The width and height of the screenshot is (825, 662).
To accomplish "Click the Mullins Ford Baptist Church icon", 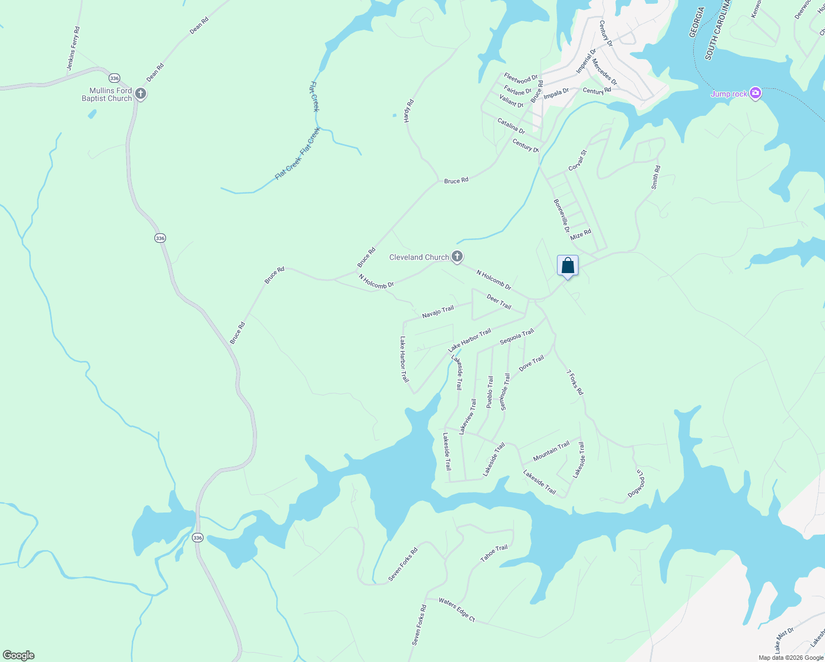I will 141,94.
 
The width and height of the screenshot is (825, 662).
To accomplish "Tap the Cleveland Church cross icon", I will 457,257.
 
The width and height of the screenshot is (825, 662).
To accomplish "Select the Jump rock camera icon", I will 756,93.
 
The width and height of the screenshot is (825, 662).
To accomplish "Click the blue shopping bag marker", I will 567,266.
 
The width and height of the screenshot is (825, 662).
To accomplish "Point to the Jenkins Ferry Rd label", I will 73,49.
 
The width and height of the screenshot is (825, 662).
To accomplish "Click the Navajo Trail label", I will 438,312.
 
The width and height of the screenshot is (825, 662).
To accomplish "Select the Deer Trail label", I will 499,302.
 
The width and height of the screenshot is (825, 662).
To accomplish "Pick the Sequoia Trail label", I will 517,337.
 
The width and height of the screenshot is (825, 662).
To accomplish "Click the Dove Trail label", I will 531,363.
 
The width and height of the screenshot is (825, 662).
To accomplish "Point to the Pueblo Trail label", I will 490,392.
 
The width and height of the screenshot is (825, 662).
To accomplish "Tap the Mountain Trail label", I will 551,451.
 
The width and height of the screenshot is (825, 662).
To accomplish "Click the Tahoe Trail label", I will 494,553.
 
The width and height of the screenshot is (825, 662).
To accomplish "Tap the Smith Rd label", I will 655,178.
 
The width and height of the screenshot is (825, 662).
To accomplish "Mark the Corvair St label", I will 577,160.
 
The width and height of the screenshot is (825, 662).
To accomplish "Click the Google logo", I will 19,655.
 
